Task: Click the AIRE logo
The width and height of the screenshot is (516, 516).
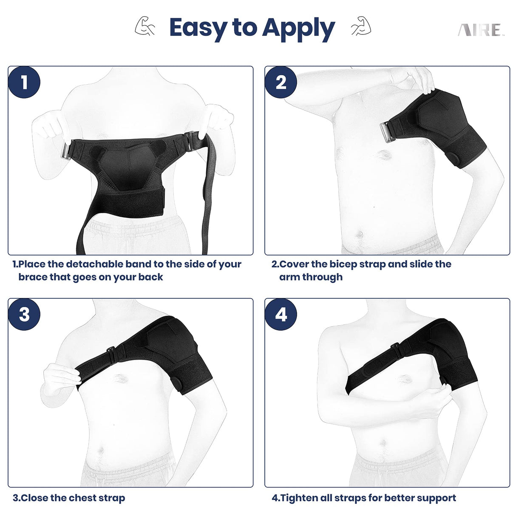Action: (x=480, y=30)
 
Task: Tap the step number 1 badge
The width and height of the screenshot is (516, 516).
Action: (x=24, y=82)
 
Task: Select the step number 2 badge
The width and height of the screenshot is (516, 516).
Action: (x=281, y=82)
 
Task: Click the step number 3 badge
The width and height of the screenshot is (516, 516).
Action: (x=24, y=315)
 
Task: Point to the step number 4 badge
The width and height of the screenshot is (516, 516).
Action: (x=281, y=315)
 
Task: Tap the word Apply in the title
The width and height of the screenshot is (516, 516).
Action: (x=298, y=28)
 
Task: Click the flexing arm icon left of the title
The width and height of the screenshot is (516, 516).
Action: (x=145, y=26)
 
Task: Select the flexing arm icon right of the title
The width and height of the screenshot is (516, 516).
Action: (x=360, y=26)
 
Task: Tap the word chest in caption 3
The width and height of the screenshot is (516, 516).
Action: (x=82, y=498)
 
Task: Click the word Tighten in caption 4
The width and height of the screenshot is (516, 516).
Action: (x=301, y=498)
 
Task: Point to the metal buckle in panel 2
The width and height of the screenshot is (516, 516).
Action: (x=388, y=129)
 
